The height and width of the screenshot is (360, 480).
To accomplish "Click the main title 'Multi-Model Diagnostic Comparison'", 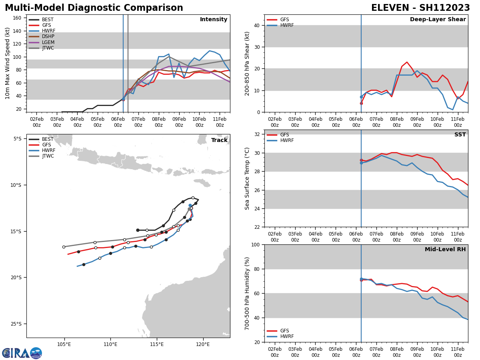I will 94,8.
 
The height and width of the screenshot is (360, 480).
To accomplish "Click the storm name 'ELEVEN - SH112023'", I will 420,8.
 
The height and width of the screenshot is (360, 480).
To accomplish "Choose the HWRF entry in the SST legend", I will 287,140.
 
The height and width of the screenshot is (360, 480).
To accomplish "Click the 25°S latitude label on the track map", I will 18,324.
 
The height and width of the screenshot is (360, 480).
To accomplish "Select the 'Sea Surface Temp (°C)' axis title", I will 247,178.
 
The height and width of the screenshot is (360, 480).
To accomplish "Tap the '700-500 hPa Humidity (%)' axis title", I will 247,293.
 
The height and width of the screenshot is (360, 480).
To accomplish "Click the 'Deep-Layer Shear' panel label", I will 438,20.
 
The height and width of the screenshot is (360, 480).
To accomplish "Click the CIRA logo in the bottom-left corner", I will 22,353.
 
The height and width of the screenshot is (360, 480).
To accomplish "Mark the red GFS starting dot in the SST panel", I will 361,160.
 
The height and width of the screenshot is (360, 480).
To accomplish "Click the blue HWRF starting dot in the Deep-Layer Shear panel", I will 361,97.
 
